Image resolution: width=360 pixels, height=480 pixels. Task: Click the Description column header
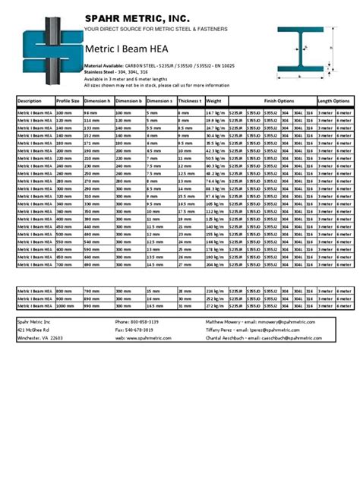(30, 100)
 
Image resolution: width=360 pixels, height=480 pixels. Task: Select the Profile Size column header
(68, 100)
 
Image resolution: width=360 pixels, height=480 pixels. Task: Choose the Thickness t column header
(190, 100)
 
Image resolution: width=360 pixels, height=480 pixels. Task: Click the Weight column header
(214, 100)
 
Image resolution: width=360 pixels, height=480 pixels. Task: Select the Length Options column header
(333, 100)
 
